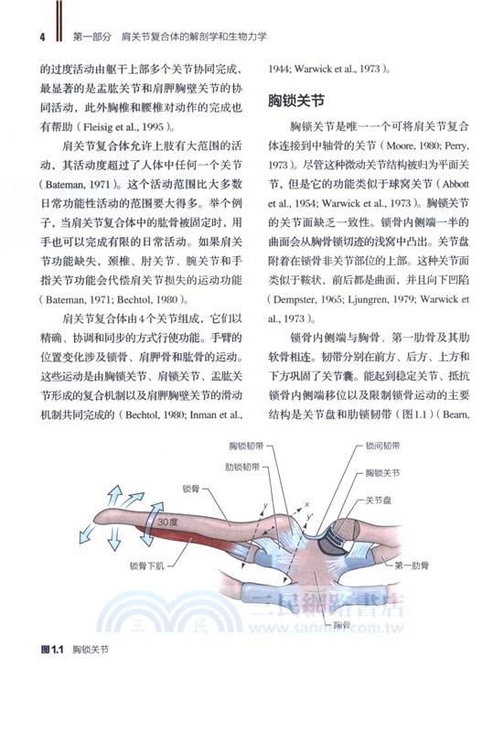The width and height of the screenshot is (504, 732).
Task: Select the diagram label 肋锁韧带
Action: pyautogui.click(x=242, y=465)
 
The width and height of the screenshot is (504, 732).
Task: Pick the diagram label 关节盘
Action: pyautogui.click(x=380, y=501)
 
